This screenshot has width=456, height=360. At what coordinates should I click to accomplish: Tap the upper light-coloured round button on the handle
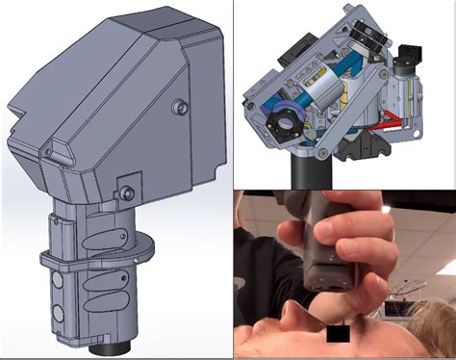[x=57, y=279]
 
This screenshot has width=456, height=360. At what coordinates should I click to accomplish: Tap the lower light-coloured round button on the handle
[x=58, y=313]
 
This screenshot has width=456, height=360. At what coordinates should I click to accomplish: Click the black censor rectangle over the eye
[x=336, y=335]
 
